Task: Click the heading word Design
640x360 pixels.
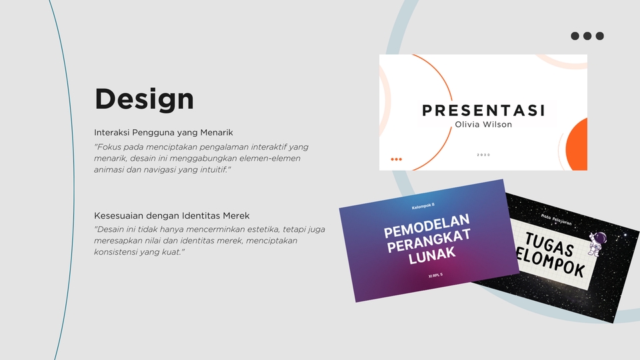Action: (144, 99)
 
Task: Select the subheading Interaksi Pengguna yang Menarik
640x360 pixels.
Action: (163, 133)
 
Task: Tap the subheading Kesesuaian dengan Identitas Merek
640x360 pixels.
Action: (172, 215)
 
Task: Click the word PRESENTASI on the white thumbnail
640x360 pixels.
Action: (484, 110)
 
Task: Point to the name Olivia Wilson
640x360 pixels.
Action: (483, 124)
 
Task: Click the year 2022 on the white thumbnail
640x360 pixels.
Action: (483, 155)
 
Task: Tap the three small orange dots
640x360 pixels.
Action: (396, 159)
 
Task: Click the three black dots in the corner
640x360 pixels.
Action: (587, 36)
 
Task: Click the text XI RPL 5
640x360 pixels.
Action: (435, 275)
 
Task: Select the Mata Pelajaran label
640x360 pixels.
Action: (556, 216)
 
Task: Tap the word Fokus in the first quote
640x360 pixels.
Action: (109, 147)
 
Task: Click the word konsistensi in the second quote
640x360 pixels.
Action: (116, 253)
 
